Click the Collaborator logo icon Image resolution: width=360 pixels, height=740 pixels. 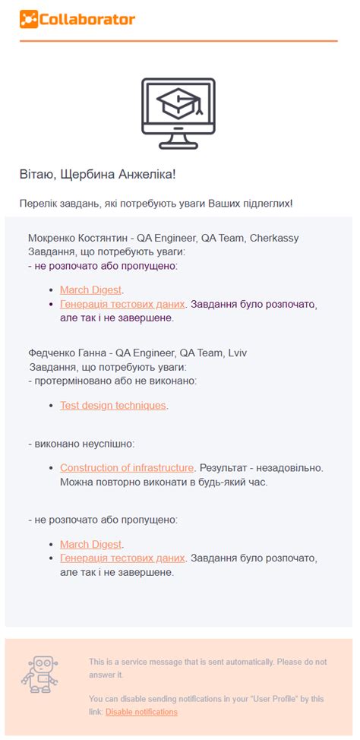click(28, 20)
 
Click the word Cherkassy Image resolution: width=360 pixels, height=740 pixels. click(273, 238)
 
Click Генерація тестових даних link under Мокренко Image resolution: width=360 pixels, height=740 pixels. click(122, 304)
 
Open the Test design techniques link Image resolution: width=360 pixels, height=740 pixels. click(112, 406)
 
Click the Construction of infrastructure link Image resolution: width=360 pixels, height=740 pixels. click(127, 468)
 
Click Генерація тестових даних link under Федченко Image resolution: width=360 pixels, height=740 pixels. click(122, 558)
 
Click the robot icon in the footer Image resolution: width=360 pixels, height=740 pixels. click(39, 675)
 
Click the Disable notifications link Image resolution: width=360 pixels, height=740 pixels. click(141, 712)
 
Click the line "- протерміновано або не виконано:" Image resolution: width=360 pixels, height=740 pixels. click(112, 380)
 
